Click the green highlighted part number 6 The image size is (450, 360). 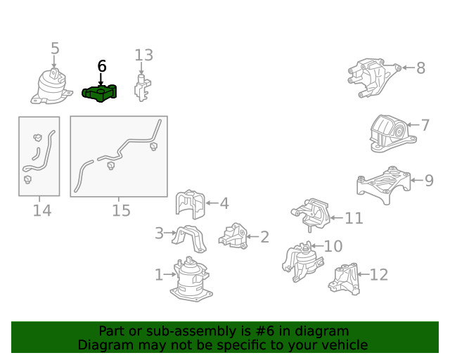click(100, 93)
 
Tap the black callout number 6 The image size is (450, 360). click(102, 66)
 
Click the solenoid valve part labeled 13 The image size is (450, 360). click(142, 88)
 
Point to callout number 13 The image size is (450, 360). click(143, 55)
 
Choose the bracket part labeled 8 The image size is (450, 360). click(374, 77)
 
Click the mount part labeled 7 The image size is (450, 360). click(392, 134)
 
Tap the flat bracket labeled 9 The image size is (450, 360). click(384, 185)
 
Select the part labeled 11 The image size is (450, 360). click(311, 214)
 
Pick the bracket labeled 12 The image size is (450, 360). click(345, 279)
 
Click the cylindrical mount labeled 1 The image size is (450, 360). click(191, 279)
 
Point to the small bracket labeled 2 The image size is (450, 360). click(233, 236)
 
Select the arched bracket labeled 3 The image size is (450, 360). click(189, 238)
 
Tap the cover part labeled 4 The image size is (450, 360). click(191, 204)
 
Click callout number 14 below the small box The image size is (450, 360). click(42, 210)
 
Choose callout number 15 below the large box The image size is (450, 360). click(121, 210)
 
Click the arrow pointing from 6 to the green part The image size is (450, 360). click(101, 79)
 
